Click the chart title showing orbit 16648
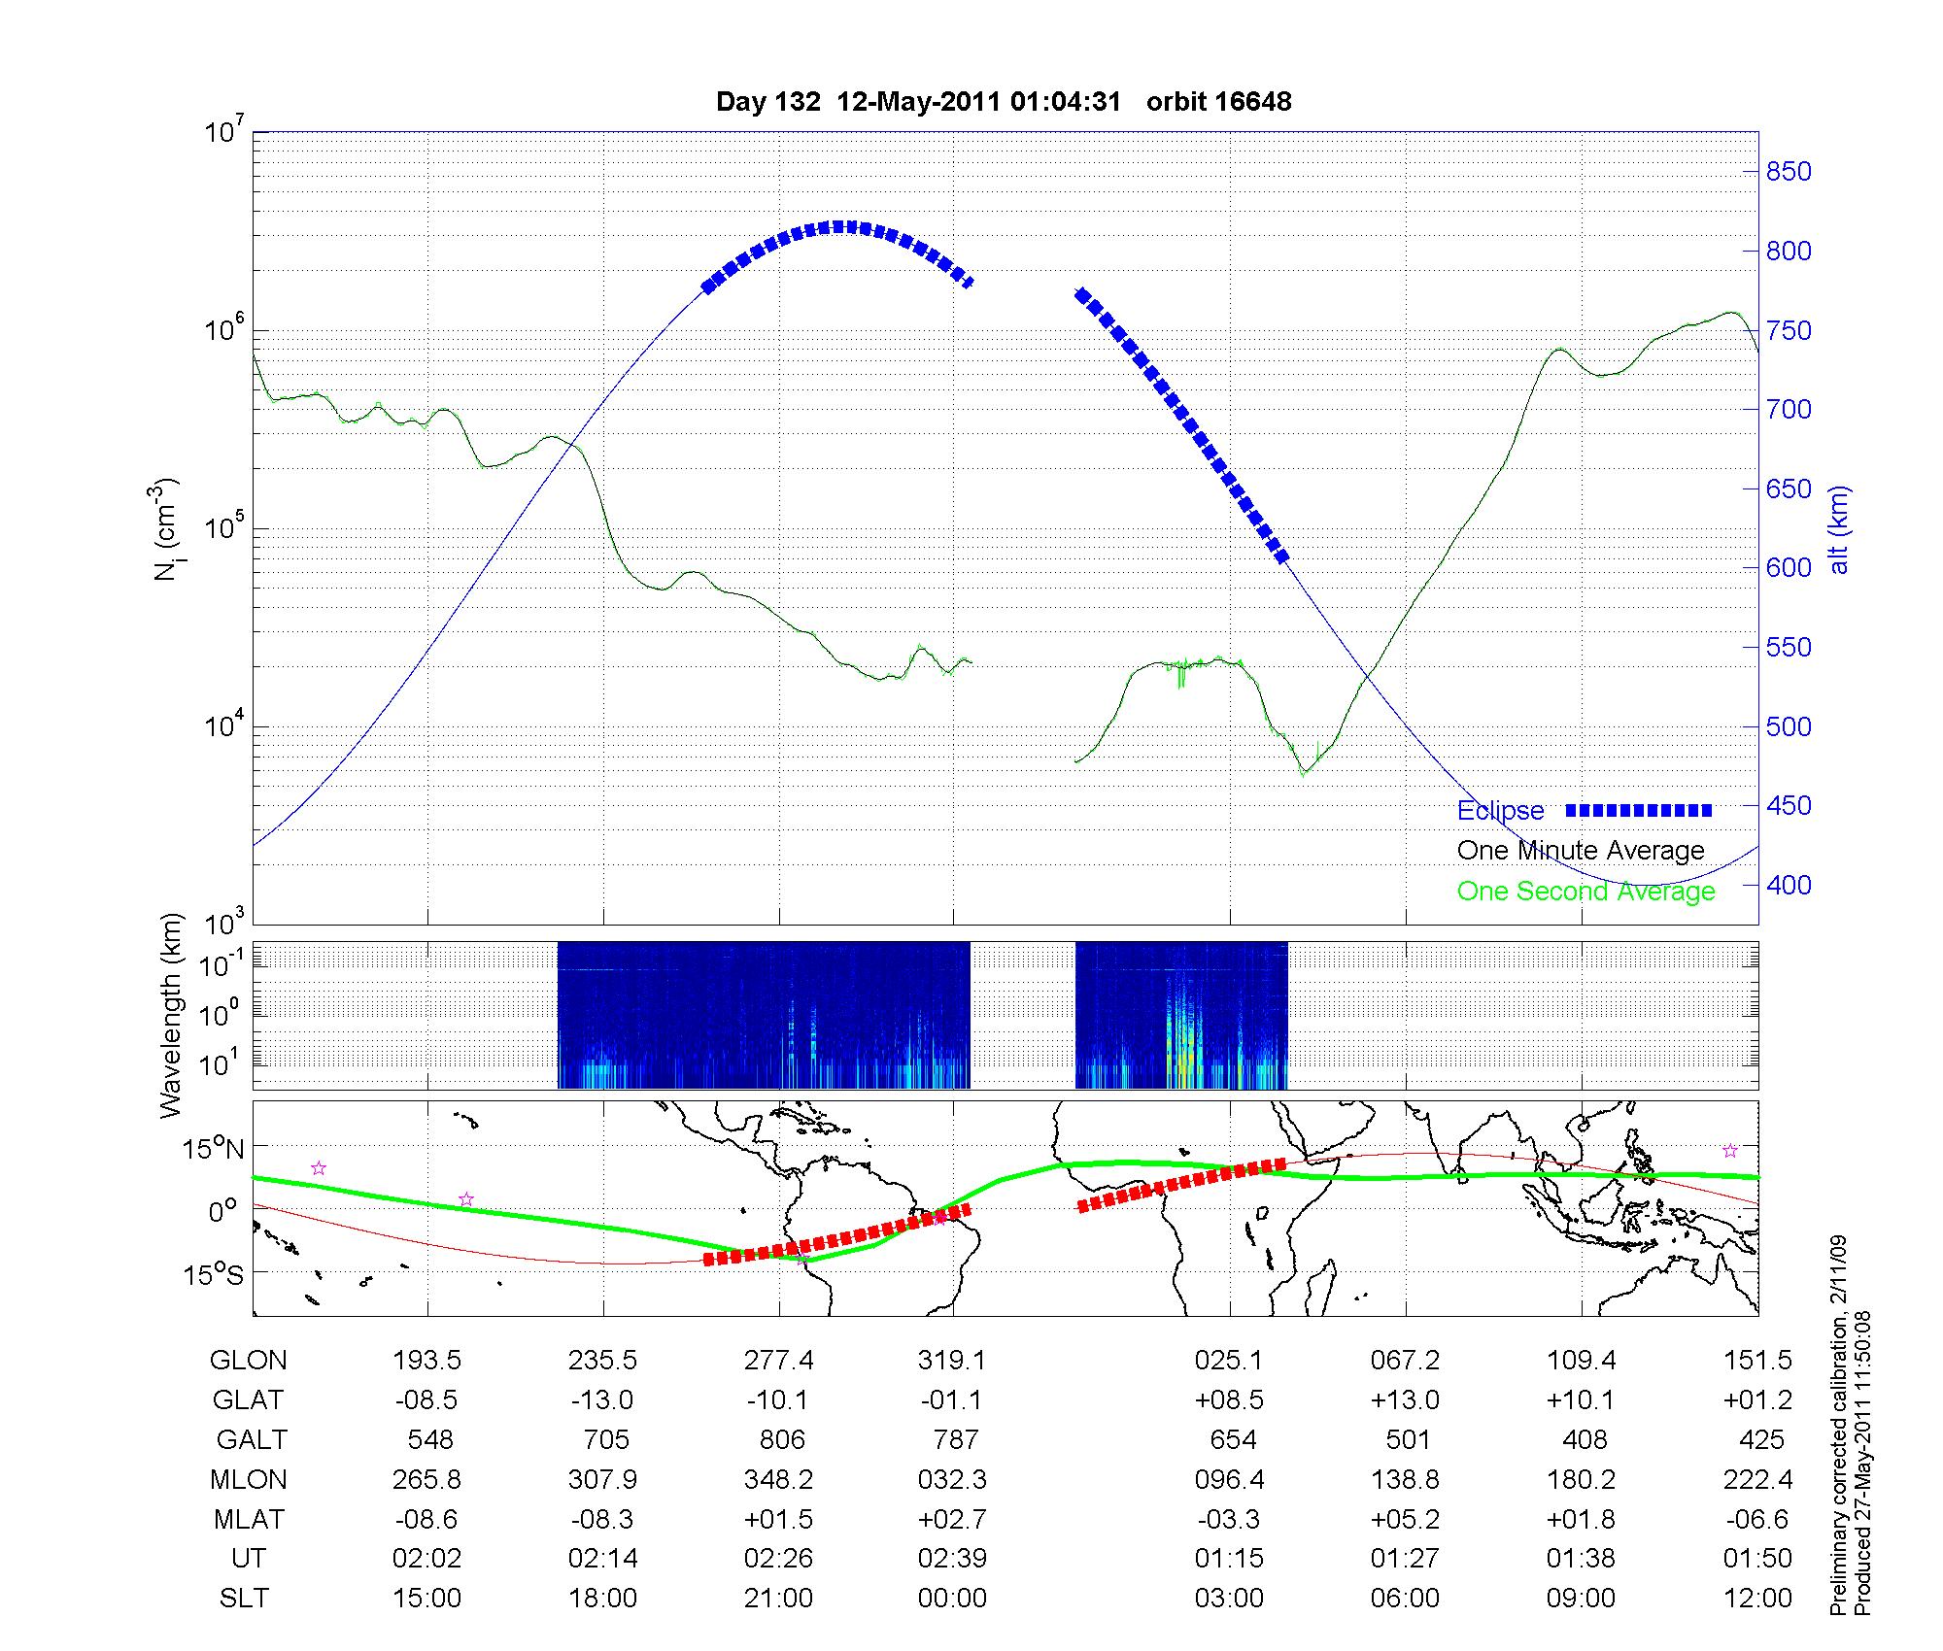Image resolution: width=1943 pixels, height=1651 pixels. tap(1004, 102)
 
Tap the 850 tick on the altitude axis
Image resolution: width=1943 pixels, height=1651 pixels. tap(1789, 172)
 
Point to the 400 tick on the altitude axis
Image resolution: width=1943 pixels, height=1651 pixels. tap(1789, 885)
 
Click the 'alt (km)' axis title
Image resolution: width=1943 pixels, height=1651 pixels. tap(1839, 529)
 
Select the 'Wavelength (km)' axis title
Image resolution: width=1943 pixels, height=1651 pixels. tap(171, 1015)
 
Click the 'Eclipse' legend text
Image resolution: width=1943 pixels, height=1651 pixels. tap(1500, 811)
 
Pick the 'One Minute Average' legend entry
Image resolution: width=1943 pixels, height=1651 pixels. tap(1581, 851)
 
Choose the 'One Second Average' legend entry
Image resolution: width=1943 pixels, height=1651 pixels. tap(1585, 892)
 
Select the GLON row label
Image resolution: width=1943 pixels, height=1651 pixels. tap(248, 1361)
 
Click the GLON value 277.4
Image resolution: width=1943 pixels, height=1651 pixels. tap(779, 1361)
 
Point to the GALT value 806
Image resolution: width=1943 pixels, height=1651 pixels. tap(782, 1439)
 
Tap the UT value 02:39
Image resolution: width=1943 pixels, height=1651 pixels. tap(952, 1559)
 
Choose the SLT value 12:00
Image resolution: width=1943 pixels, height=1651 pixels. tap(1757, 1599)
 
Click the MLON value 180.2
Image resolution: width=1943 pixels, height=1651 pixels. tap(1582, 1479)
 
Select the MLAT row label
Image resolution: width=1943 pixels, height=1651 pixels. tap(248, 1519)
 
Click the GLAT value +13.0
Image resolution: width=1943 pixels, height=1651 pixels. tap(1405, 1399)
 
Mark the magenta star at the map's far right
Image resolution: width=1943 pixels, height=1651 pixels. tap(1730, 1151)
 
